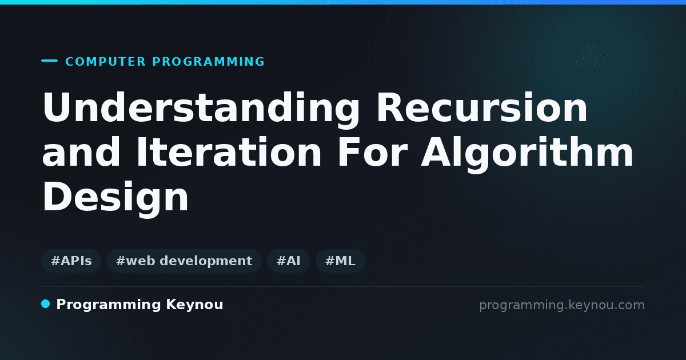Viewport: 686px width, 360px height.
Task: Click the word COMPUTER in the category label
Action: point(106,62)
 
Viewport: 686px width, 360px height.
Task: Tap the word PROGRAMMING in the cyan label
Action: point(209,62)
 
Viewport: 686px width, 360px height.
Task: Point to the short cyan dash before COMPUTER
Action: point(49,61)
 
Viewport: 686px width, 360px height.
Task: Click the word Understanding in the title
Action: point(201,109)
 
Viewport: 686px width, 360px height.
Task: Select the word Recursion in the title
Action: point(482,107)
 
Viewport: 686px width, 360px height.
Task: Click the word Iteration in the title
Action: point(229,152)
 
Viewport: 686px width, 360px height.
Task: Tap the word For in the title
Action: point(372,152)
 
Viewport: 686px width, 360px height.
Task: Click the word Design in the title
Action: point(115,199)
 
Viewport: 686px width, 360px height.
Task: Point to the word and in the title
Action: point(81,152)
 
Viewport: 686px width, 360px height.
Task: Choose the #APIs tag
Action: point(71,261)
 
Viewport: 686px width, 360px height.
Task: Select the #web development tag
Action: point(184,261)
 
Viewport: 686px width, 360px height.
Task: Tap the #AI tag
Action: point(289,261)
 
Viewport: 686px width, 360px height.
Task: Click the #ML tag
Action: point(340,261)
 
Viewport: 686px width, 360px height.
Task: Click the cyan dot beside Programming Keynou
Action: point(45,304)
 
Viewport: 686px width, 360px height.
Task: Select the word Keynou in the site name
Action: point(194,305)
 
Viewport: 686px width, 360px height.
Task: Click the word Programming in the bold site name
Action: point(109,305)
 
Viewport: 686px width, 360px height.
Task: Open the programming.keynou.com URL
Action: point(562,305)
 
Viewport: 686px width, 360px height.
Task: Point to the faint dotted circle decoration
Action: point(592,57)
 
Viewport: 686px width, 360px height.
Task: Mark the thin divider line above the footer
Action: point(343,286)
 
